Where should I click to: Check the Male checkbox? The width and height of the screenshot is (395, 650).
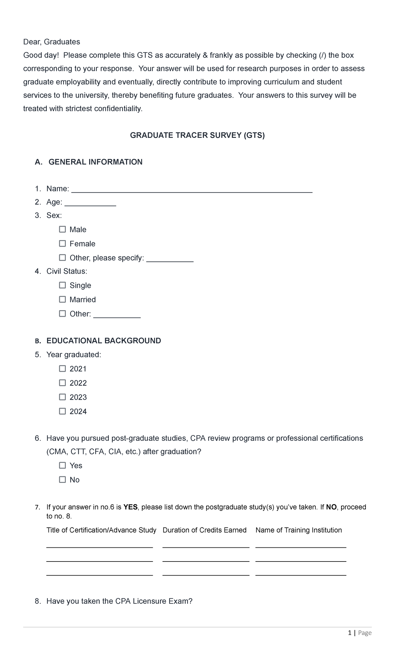point(63,229)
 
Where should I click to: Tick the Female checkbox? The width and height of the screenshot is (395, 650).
point(63,243)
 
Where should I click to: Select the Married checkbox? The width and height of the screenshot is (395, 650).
point(63,299)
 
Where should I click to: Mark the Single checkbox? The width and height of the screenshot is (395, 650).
point(63,285)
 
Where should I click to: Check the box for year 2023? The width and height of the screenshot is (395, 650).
point(63,397)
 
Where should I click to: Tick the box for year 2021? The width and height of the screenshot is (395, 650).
point(63,369)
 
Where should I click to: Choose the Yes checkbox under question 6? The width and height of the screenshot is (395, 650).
point(63,465)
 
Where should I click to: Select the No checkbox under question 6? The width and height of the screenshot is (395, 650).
point(63,480)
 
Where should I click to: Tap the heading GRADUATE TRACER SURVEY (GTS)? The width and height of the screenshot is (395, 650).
point(197,135)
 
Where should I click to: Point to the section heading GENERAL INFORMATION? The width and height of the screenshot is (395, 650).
point(95,162)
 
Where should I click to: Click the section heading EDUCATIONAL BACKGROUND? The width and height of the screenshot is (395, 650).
point(104,340)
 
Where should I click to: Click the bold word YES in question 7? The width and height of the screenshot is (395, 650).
point(130,507)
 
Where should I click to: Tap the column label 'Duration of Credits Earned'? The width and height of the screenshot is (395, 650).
point(204,530)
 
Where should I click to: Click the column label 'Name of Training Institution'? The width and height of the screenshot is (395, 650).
point(299,530)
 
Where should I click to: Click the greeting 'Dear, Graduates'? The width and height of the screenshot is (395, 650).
point(51,42)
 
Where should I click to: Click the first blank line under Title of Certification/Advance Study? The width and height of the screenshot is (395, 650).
point(99,547)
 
